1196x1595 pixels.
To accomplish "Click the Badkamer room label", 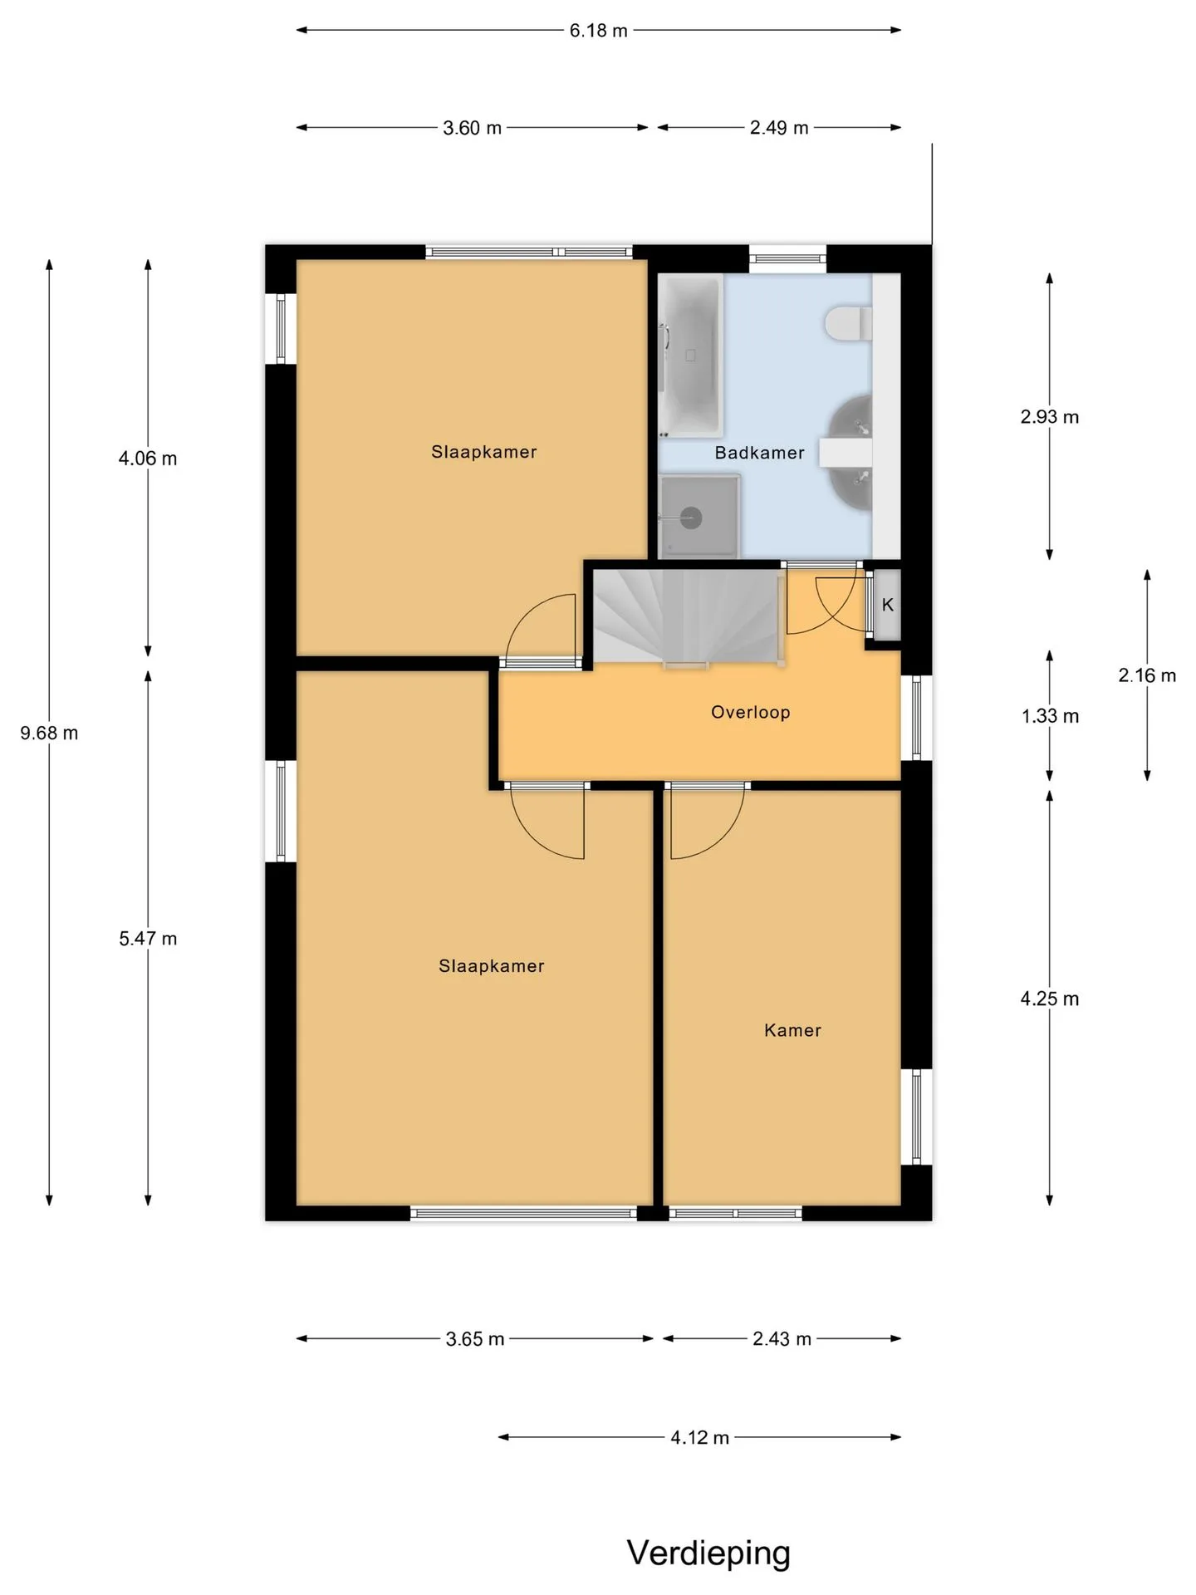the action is (759, 453).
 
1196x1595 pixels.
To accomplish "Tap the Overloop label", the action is (750, 712).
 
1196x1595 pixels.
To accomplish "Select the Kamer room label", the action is (792, 1030).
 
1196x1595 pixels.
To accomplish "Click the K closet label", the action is (887, 605).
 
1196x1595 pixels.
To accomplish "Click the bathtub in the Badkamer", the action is (691, 356).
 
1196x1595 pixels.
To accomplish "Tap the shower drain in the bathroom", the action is (691, 518).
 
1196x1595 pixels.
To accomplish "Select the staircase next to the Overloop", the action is (688, 616).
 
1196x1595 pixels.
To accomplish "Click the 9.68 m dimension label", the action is (49, 733).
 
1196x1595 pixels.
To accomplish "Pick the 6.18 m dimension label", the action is (598, 31).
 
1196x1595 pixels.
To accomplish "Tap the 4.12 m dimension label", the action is (699, 1437).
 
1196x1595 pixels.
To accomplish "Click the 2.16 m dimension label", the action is (1147, 675).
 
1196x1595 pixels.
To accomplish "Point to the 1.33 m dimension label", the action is (1050, 716).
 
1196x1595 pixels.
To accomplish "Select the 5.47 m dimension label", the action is (148, 939).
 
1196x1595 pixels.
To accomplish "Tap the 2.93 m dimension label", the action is (1050, 417).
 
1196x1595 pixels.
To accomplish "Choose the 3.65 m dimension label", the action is (475, 1339).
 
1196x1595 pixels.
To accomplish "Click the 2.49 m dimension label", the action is (779, 128).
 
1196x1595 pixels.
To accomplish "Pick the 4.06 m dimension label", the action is (148, 459).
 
